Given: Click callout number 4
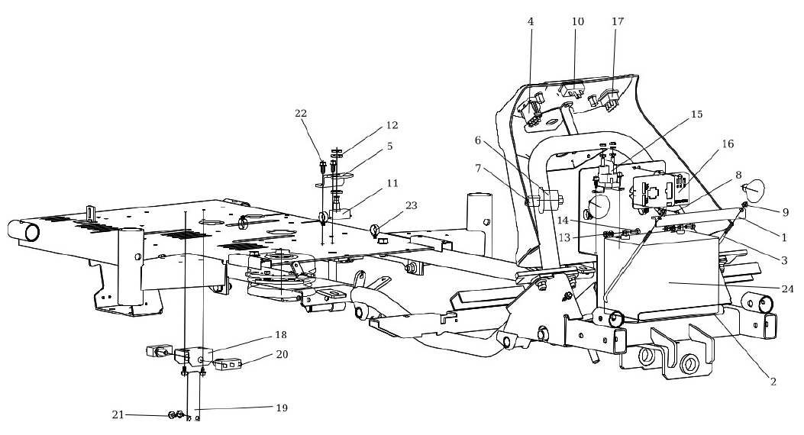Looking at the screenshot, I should pos(531,22).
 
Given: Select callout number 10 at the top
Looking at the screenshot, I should pos(577,22).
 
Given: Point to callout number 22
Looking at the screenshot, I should pos(302,113).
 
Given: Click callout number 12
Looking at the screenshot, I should pos(392,124).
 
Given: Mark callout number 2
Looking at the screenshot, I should pos(772,382).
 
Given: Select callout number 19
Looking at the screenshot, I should pos(282,408).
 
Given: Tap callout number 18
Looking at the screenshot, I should pos(282,334).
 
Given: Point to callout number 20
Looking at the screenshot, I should pos(282,355).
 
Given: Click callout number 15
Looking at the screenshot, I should pos(696,115).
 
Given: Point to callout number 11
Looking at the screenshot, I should pos(392,183).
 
